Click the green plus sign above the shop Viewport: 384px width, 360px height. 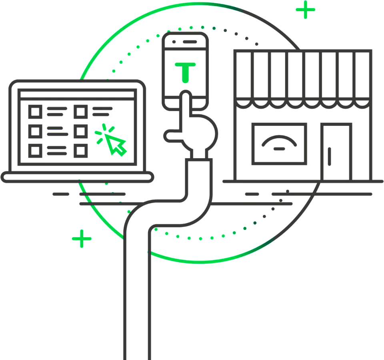(305, 10)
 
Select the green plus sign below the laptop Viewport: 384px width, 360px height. (82, 239)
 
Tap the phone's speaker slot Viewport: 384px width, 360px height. (190, 42)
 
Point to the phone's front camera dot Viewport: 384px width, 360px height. (174, 42)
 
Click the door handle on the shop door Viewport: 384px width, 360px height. (329, 157)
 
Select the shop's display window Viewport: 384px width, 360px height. (279, 144)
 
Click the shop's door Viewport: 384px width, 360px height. (336, 152)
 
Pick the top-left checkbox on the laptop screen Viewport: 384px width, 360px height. (35, 112)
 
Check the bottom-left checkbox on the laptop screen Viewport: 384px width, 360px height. (35, 151)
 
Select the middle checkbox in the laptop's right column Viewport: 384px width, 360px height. (81, 131)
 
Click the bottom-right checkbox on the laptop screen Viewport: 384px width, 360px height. (81, 151)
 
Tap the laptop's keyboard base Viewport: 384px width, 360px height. (77, 177)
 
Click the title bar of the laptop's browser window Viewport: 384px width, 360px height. (77, 94)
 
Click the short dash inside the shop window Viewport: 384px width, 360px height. (279, 149)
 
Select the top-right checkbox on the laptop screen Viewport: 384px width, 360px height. (81, 112)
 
